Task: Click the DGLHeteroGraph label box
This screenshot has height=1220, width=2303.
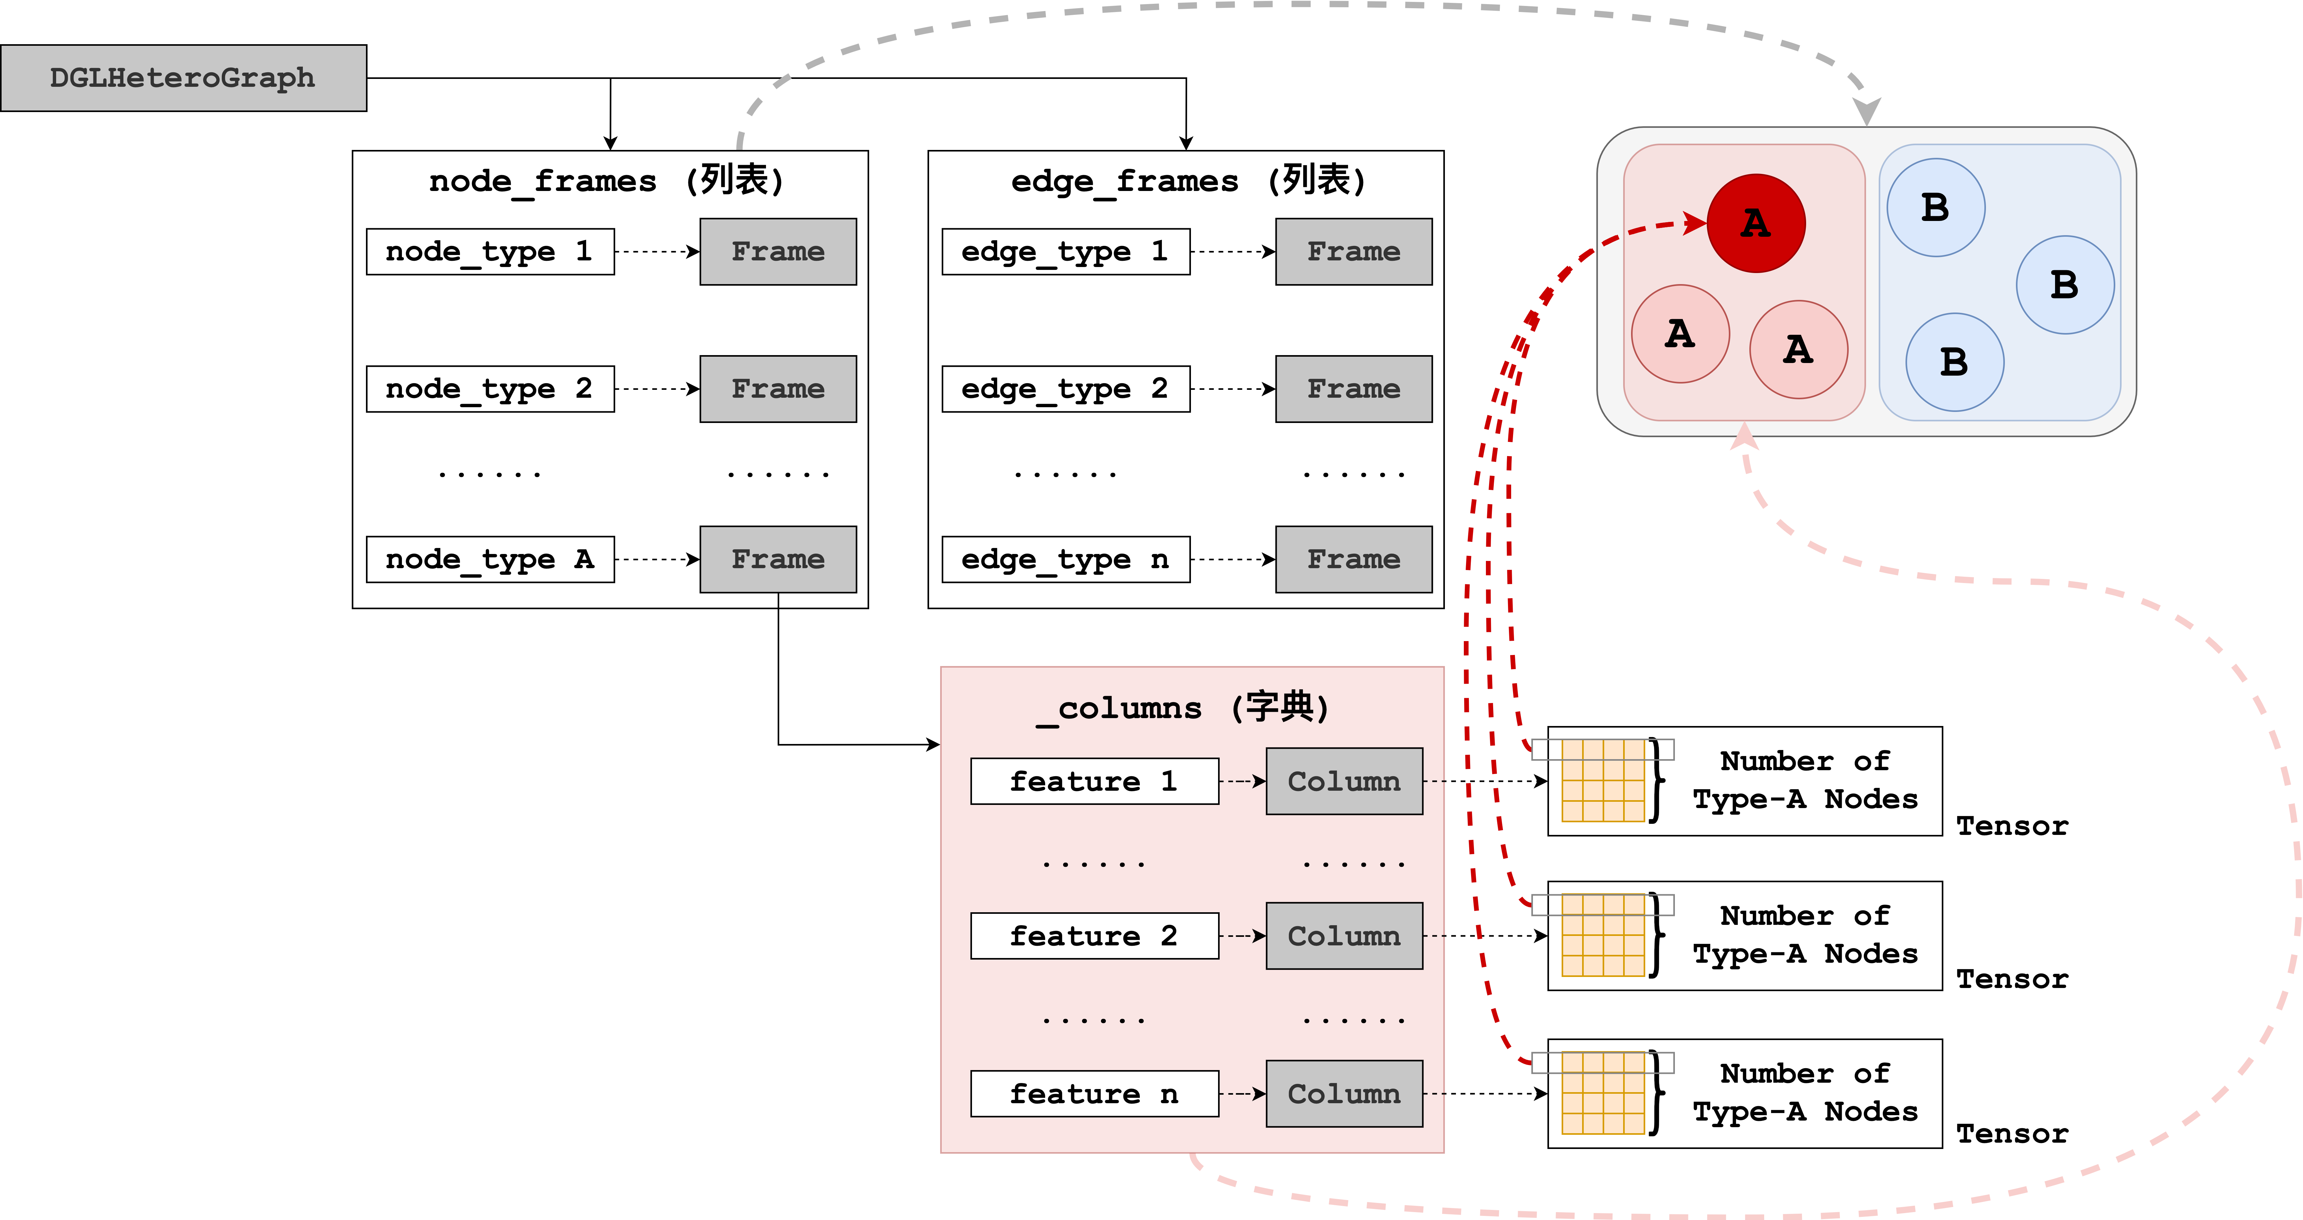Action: [183, 78]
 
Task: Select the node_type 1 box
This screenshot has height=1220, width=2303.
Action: [490, 251]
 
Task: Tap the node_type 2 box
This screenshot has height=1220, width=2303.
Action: [490, 389]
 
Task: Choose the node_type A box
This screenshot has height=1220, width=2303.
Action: [490, 559]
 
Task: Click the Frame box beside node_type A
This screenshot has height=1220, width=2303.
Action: [778, 559]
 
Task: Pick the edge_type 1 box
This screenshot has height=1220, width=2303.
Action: [1066, 251]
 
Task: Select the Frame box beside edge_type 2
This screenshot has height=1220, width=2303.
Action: [1353, 389]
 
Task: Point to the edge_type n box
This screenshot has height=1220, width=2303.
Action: [1066, 559]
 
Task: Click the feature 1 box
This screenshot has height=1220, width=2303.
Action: [1094, 781]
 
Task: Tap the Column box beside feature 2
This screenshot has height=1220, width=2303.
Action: [1344, 936]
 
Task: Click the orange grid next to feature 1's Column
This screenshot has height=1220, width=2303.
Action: [1603, 781]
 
